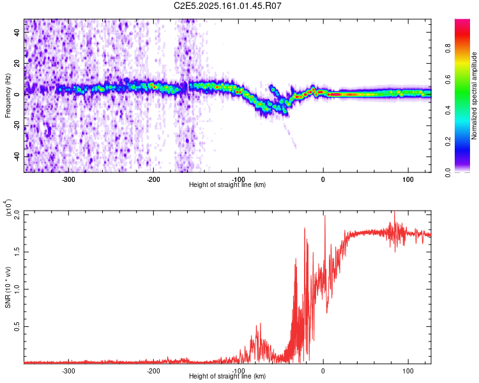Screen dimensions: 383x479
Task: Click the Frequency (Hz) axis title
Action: point(8,96)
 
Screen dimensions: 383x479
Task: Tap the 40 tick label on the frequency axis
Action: point(17,33)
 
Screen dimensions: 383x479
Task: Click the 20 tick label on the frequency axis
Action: point(17,64)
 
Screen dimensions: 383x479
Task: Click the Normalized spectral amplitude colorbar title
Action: point(475,96)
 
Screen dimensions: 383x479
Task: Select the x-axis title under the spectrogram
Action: point(227,185)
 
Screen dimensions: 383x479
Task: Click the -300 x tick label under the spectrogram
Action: point(68,179)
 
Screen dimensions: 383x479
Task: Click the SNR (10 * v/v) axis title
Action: point(8,287)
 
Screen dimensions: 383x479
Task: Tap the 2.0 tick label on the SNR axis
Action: point(17,215)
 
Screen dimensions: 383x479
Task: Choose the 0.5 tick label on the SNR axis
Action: point(17,326)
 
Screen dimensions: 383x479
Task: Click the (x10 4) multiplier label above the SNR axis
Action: point(9,208)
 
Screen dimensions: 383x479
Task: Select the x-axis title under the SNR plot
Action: point(227,377)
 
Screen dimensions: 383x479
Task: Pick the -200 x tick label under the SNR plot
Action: point(153,371)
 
